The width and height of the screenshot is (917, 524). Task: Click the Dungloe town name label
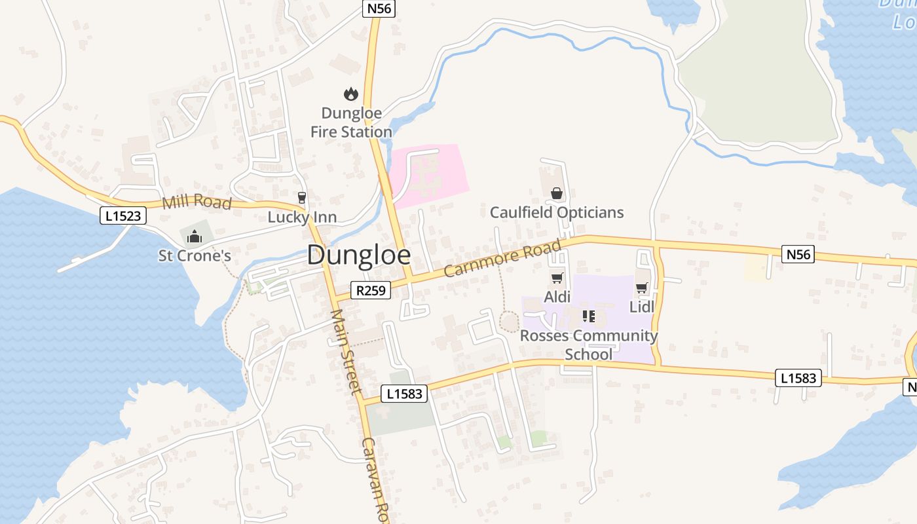359,255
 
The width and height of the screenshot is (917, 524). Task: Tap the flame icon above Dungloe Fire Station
351,94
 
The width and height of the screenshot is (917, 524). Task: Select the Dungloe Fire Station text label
351,122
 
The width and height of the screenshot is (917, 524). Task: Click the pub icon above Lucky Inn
302,197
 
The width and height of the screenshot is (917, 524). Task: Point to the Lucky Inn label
302,217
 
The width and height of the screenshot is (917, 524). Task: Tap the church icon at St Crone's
194,236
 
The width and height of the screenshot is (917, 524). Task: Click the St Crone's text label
195,255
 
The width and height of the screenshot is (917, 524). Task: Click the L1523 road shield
123,215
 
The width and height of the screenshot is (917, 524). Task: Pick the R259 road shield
371,290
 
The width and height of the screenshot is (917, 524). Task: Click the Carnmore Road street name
502,259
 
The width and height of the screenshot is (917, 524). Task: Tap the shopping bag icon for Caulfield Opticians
557,193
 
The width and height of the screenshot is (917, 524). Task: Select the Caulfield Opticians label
557,212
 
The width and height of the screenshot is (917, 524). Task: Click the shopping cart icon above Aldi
557,278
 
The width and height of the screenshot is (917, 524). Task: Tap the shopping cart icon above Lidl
642,288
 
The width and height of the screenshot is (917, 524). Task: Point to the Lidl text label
642,307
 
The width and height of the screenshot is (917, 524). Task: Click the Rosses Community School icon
588,317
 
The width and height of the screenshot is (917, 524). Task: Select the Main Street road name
345,352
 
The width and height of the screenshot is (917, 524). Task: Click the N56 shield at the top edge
379,9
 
